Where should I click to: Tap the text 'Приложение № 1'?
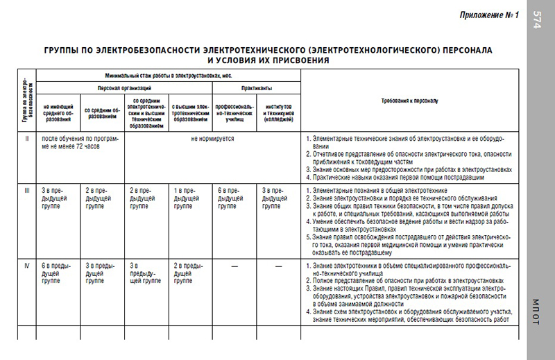[x=488, y=16]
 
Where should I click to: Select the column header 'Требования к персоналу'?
[x=409, y=101]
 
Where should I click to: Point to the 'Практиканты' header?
[x=256, y=88]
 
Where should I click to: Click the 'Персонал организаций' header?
[x=124, y=88]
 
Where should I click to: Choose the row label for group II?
[x=26, y=139]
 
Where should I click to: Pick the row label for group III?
[x=26, y=189]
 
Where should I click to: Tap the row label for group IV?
[x=26, y=266]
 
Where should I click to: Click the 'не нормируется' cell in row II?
[x=213, y=139]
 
